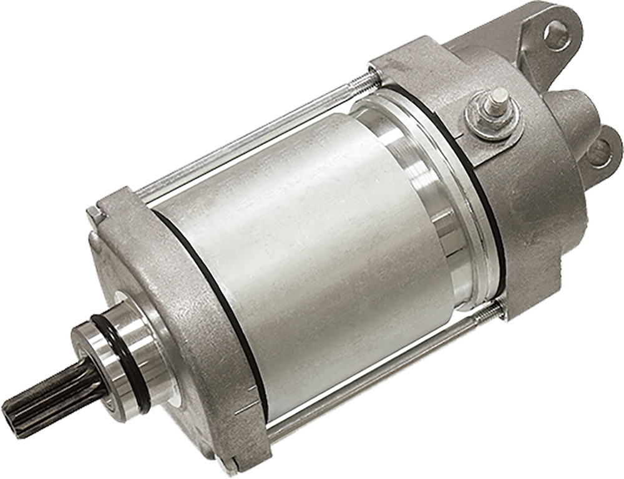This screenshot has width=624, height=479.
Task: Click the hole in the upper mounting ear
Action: tap(555, 35)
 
